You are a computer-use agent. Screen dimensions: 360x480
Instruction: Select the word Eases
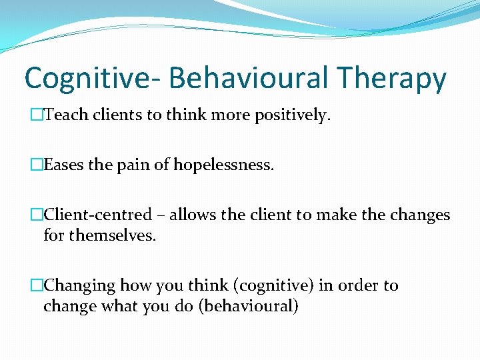click(x=63, y=165)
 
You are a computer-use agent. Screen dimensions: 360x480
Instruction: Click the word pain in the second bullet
click(x=135, y=165)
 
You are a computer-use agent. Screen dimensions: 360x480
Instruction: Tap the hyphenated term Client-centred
click(x=97, y=215)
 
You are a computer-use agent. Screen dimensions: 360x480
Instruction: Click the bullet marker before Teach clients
click(x=37, y=115)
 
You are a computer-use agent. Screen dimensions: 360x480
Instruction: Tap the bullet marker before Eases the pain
click(x=37, y=165)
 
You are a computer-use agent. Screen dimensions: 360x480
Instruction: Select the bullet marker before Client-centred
click(x=37, y=215)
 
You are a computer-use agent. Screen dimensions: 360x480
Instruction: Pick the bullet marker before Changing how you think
click(x=37, y=285)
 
